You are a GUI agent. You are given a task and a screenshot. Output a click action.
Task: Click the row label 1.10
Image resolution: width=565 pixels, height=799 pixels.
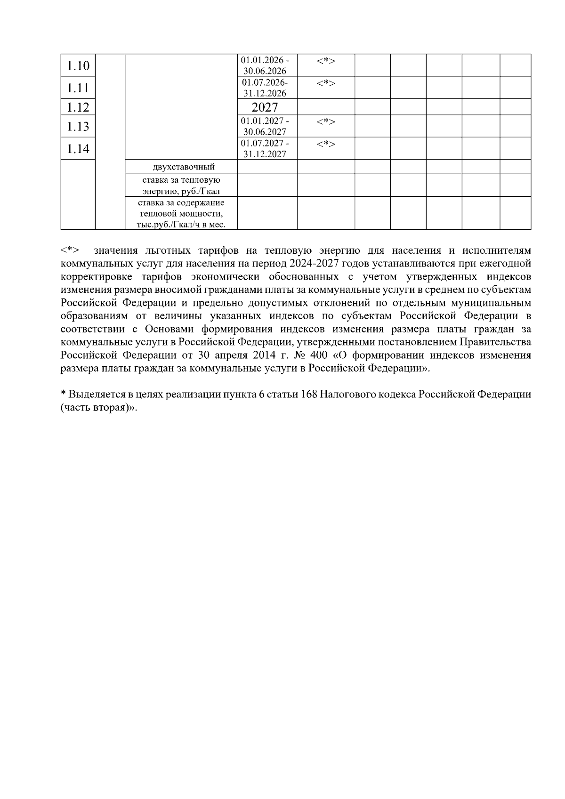tap(78, 65)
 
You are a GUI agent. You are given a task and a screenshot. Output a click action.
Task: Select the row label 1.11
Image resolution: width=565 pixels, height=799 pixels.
tap(78, 88)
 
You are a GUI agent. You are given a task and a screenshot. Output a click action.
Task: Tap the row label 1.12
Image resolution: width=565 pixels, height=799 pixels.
tap(78, 107)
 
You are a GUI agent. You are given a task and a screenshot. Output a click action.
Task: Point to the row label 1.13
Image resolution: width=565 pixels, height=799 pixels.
tap(78, 126)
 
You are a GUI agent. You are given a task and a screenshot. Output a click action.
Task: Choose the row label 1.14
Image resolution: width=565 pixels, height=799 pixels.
tap(78, 149)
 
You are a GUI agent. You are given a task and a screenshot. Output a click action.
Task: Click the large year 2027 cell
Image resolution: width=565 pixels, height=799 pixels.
tap(265, 107)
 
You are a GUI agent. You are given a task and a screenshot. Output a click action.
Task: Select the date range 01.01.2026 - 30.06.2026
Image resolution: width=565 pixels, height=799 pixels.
tap(265, 66)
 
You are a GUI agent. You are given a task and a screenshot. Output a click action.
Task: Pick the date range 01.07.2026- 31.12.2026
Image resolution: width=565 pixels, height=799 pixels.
tap(265, 88)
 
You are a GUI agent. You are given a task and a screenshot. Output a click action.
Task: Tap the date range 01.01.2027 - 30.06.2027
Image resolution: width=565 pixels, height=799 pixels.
tap(265, 127)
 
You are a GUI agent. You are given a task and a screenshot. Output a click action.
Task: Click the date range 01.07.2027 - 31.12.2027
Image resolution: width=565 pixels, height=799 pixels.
tap(265, 149)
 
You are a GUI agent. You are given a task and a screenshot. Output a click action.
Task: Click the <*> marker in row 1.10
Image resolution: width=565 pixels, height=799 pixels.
tap(326, 61)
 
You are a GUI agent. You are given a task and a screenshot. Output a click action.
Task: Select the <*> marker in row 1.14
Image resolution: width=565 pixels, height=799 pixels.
tap(326, 144)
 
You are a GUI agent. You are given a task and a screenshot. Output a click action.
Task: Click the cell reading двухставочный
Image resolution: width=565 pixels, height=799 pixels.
tap(184, 167)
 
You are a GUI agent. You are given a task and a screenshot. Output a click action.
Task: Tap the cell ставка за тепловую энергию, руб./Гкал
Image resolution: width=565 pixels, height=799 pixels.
tap(182, 186)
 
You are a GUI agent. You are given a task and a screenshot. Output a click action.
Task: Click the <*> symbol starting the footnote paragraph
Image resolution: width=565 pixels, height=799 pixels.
tap(70, 250)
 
